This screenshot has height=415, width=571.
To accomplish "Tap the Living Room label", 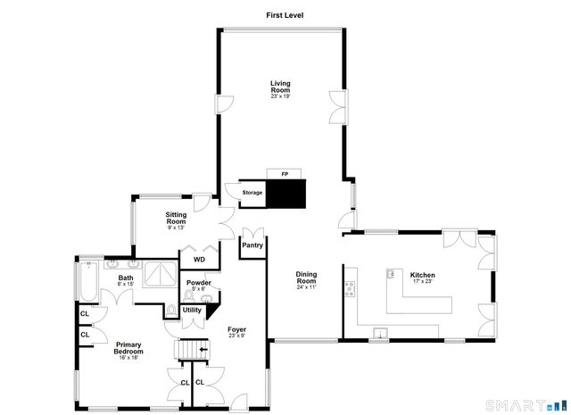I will tap(281, 87).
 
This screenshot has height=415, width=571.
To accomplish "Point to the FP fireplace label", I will tap(285, 172).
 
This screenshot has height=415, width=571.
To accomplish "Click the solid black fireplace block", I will tap(288, 193).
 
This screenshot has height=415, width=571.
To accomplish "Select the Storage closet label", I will tap(252, 192).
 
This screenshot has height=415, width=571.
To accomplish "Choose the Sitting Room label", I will tap(176, 218).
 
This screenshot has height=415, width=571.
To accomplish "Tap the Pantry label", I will tap(252, 245).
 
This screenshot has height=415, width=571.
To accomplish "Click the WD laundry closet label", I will tap(199, 260).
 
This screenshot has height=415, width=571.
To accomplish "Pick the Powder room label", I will tap(198, 285).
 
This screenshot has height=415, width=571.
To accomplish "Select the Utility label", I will tap(192, 311).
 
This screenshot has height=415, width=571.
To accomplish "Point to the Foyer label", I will tap(236, 331).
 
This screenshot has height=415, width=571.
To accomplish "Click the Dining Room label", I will tap(306, 279).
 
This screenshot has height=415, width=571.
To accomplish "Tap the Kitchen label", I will tap(422, 277).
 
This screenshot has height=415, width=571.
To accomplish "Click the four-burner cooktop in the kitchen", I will tap(350, 287).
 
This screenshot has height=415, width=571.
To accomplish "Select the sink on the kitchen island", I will tap(391, 275).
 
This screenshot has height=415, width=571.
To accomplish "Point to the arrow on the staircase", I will tap(204, 350).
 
